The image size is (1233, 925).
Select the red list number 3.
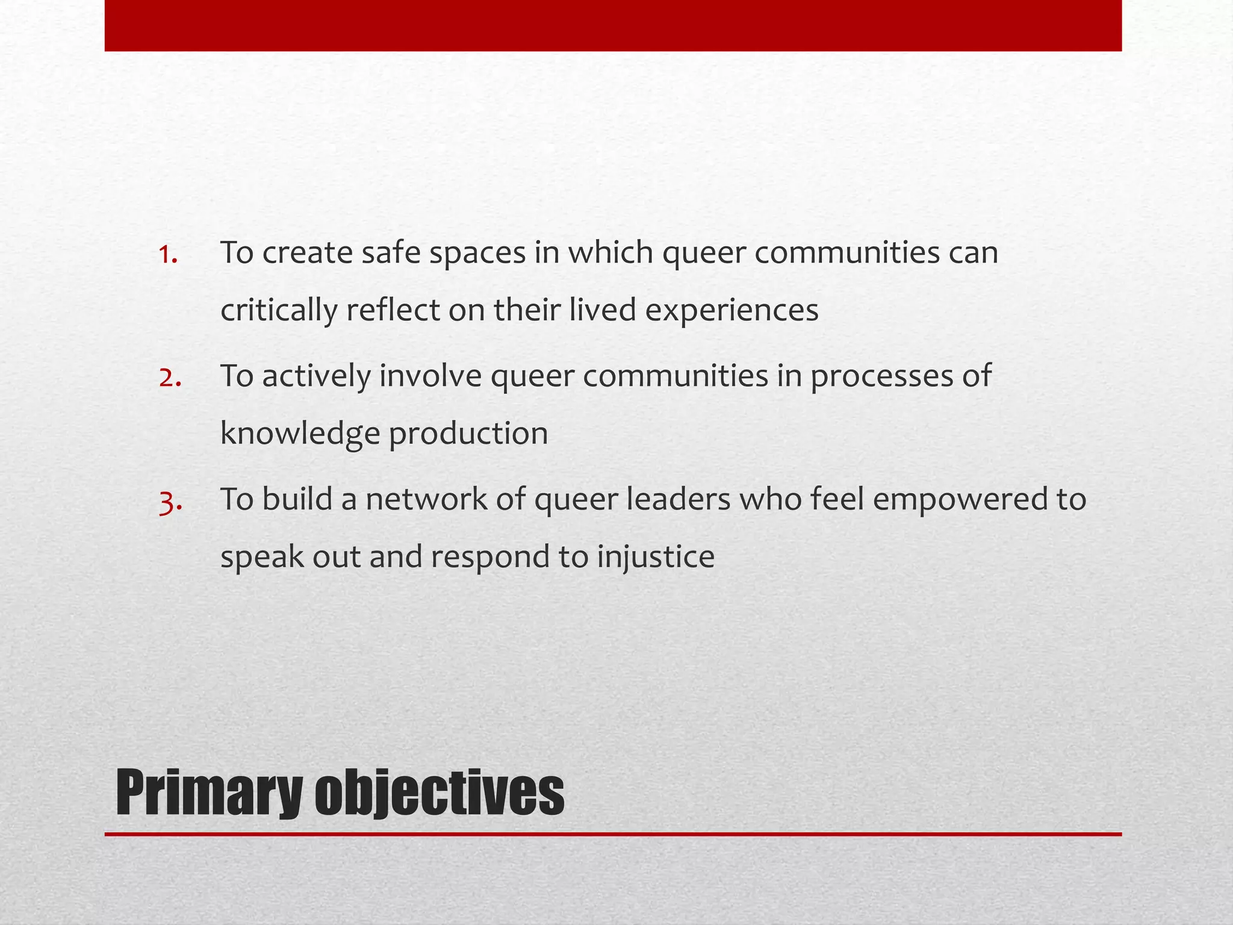coord(170,500)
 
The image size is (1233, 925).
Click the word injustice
coord(656,557)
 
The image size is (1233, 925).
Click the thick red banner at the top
coord(613,25)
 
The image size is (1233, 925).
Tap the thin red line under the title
coord(613,834)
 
